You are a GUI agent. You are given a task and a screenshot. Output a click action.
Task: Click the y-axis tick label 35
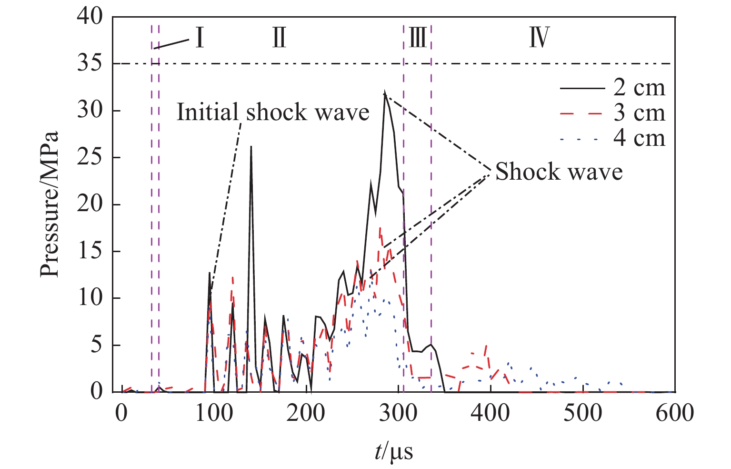[90, 63]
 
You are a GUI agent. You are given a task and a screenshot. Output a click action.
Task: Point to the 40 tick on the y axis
[90, 17]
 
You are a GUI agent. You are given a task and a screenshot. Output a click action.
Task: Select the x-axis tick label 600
[674, 412]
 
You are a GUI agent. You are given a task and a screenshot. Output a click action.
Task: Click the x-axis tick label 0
[122, 412]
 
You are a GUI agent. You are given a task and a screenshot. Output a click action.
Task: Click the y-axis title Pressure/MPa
[49, 204]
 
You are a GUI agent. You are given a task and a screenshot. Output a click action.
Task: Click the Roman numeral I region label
[200, 38]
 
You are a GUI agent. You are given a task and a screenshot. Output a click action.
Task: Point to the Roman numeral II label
[280, 38]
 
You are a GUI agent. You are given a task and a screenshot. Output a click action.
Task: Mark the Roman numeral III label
[418, 38]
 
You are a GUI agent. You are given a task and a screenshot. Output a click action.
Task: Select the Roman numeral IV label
[540, 38]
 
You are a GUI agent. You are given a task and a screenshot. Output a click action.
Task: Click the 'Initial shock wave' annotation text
[273, 112]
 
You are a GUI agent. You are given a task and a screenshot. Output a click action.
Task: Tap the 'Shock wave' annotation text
[559, 172]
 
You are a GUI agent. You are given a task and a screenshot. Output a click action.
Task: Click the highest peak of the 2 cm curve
[384, 92]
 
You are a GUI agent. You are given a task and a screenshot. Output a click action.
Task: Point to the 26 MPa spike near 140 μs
[251, 147]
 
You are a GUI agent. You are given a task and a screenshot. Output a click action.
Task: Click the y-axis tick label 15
[90, 251]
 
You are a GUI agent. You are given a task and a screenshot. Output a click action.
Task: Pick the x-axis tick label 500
[582, 412]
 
